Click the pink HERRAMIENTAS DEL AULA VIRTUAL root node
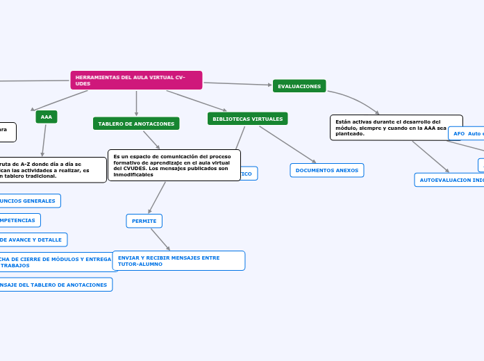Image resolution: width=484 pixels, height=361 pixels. [136, 81]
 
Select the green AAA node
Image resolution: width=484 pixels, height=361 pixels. [47, 117]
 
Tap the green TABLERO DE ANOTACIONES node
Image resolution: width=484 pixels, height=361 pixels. [136, 124]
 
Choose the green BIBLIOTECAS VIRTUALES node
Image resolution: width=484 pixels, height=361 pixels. [247, 119]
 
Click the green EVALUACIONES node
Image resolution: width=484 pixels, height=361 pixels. [299, 86]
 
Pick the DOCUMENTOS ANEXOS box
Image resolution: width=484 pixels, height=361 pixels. [326, 170]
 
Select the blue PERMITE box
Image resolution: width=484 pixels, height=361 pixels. [144, 221]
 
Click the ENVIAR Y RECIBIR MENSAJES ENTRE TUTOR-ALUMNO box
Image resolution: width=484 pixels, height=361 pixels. [179, 260]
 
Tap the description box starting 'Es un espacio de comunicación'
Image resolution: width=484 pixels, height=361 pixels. [174, 165]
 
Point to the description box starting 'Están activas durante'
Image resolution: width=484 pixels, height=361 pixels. [396, 127]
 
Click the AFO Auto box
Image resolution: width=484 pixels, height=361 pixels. [467, 133]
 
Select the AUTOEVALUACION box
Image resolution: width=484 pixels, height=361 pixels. [449, 180]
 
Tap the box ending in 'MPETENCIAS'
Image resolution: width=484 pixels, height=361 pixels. [19, 220]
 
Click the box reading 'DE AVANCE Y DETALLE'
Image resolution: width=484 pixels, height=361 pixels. [33, 240]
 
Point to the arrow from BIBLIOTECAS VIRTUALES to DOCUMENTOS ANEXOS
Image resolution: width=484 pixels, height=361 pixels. [287, 144]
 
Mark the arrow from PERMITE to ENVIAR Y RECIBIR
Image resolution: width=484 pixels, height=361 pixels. [160, 239]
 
